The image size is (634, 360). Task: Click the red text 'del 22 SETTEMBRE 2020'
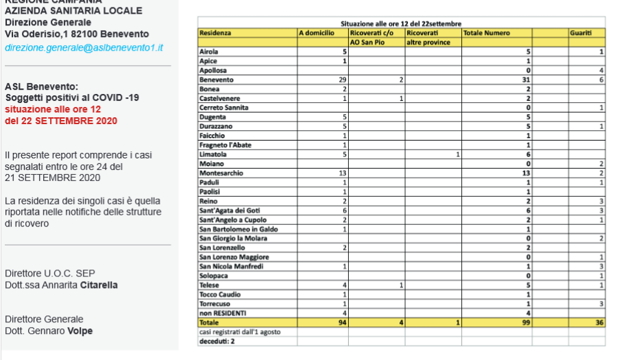tap(61, 121)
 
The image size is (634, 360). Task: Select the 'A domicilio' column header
tap(317, 33)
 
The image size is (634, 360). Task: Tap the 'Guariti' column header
tap(580, 33)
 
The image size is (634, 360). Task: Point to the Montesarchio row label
tap(221, 173)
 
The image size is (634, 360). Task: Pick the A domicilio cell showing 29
tap(341, 80)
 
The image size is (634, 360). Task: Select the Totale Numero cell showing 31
tap(526, 80)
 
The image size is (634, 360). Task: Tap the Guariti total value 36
tap(599, 322)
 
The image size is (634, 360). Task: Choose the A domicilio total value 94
tap(341, 322)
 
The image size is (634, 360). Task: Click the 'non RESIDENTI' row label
tap(222, 313)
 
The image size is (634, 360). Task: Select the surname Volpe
tap(80, 331)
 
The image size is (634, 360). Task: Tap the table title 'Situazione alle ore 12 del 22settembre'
tap(401, 23)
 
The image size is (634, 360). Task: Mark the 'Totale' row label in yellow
tap(208, 322)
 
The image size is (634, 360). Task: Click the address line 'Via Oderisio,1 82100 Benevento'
tap(77, 34)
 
